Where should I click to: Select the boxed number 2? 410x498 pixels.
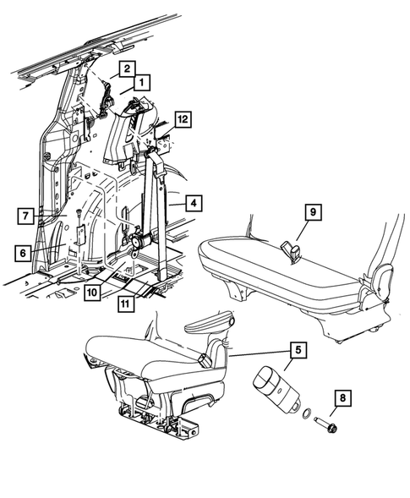click(125, 68)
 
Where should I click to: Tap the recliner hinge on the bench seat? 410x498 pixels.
click(382, 279)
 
